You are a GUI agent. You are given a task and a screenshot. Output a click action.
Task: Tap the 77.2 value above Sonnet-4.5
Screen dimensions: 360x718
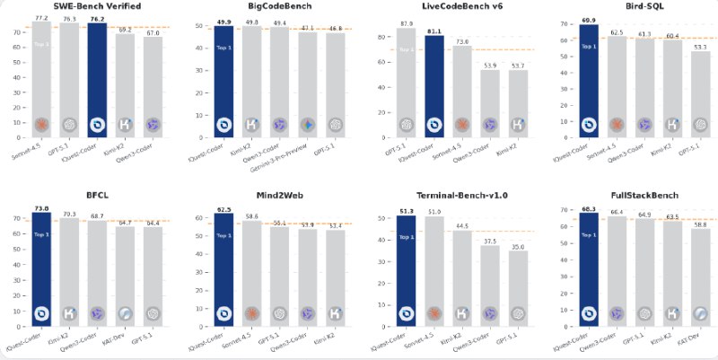[x=41, y=17]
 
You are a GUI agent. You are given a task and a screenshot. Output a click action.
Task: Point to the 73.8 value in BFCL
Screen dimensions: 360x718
[x=41, y=206]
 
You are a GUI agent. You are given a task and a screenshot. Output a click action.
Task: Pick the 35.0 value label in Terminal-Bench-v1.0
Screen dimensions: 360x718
[x=519, y=245]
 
